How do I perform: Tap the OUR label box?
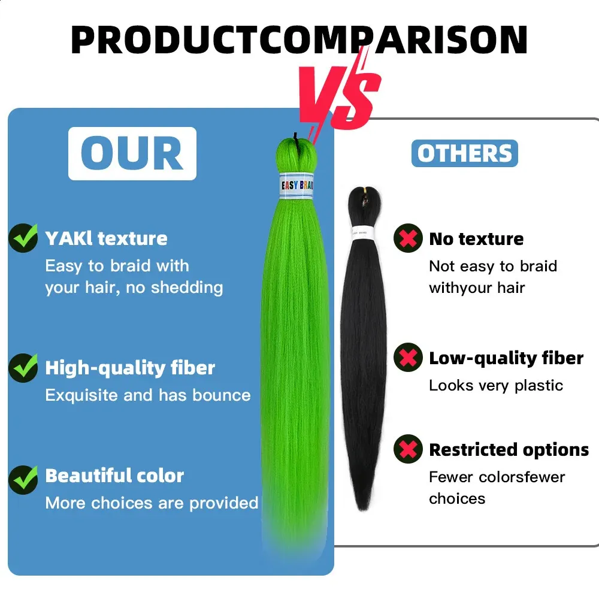click(132, 153)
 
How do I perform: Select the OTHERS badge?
click(465, 153)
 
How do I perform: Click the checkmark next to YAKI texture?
click(23, 238)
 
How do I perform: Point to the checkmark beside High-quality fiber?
click(23, 368)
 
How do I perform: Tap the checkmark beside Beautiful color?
click(23, 480)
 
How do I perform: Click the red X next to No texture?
click(408, 238)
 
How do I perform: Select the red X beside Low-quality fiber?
click(408, 357)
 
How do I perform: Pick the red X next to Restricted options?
click(408, 449)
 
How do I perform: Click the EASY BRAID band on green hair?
click(297, 186)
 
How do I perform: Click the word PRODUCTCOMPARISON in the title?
click(299, 40)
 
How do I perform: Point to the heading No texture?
click(476, 239)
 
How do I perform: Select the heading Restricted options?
click(509, 450)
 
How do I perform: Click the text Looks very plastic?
click(496, 385)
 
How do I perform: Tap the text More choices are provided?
click(152, 503)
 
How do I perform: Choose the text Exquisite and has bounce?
click(148, 395)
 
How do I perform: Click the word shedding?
click(187, 288)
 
